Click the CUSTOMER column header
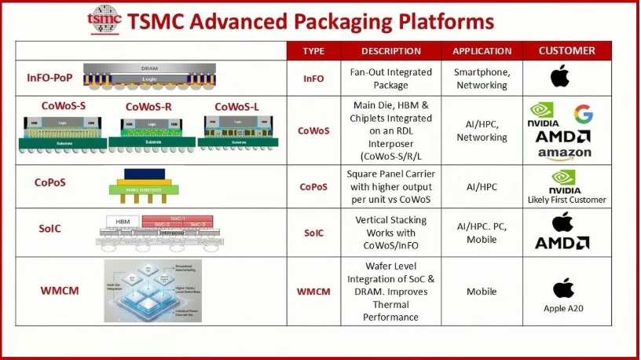pos(566,51)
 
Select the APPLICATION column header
pos(482,51)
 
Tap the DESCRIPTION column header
pos(390,51)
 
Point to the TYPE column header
pos(313,51)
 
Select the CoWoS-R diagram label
pos(149,107)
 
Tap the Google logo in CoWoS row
pos(583,115)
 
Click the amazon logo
pos(565,154)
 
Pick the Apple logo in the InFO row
pos(560,77)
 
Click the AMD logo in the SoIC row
pos(562,243)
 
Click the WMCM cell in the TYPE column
pos(313,292)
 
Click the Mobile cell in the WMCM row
pos(482,292)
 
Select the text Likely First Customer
pos(566,200)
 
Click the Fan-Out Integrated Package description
pos(390,78)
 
